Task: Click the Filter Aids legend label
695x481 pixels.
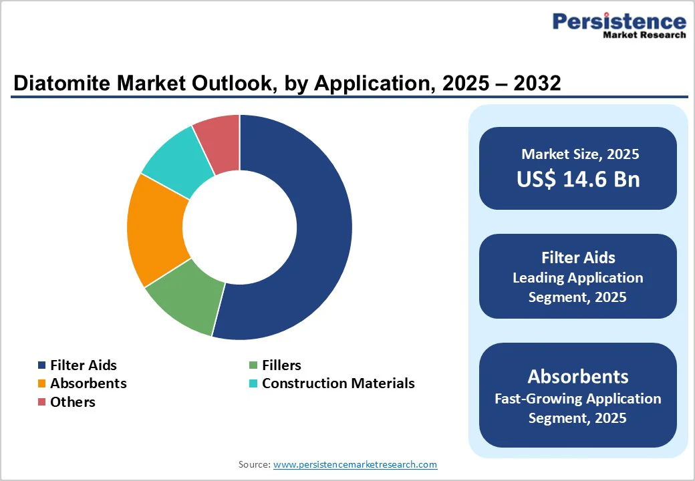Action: [x=83, y=365]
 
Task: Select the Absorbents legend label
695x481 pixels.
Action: [x=88, y=383]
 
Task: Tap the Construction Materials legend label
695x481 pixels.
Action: [x=338, y=383]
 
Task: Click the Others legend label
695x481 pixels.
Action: [x=73, y=402]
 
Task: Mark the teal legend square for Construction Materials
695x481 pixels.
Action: [x=253, y=383]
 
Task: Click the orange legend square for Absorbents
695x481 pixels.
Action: [x=41, y=383]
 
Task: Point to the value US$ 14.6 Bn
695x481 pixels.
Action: [x=578, y=179]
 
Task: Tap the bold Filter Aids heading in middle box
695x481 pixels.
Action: [x=578, y=257]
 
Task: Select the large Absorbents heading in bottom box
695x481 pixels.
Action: [x=578, y=376]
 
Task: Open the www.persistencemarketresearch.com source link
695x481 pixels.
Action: [x=355, y=464]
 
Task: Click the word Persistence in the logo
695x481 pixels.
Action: [x=619, y=22]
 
